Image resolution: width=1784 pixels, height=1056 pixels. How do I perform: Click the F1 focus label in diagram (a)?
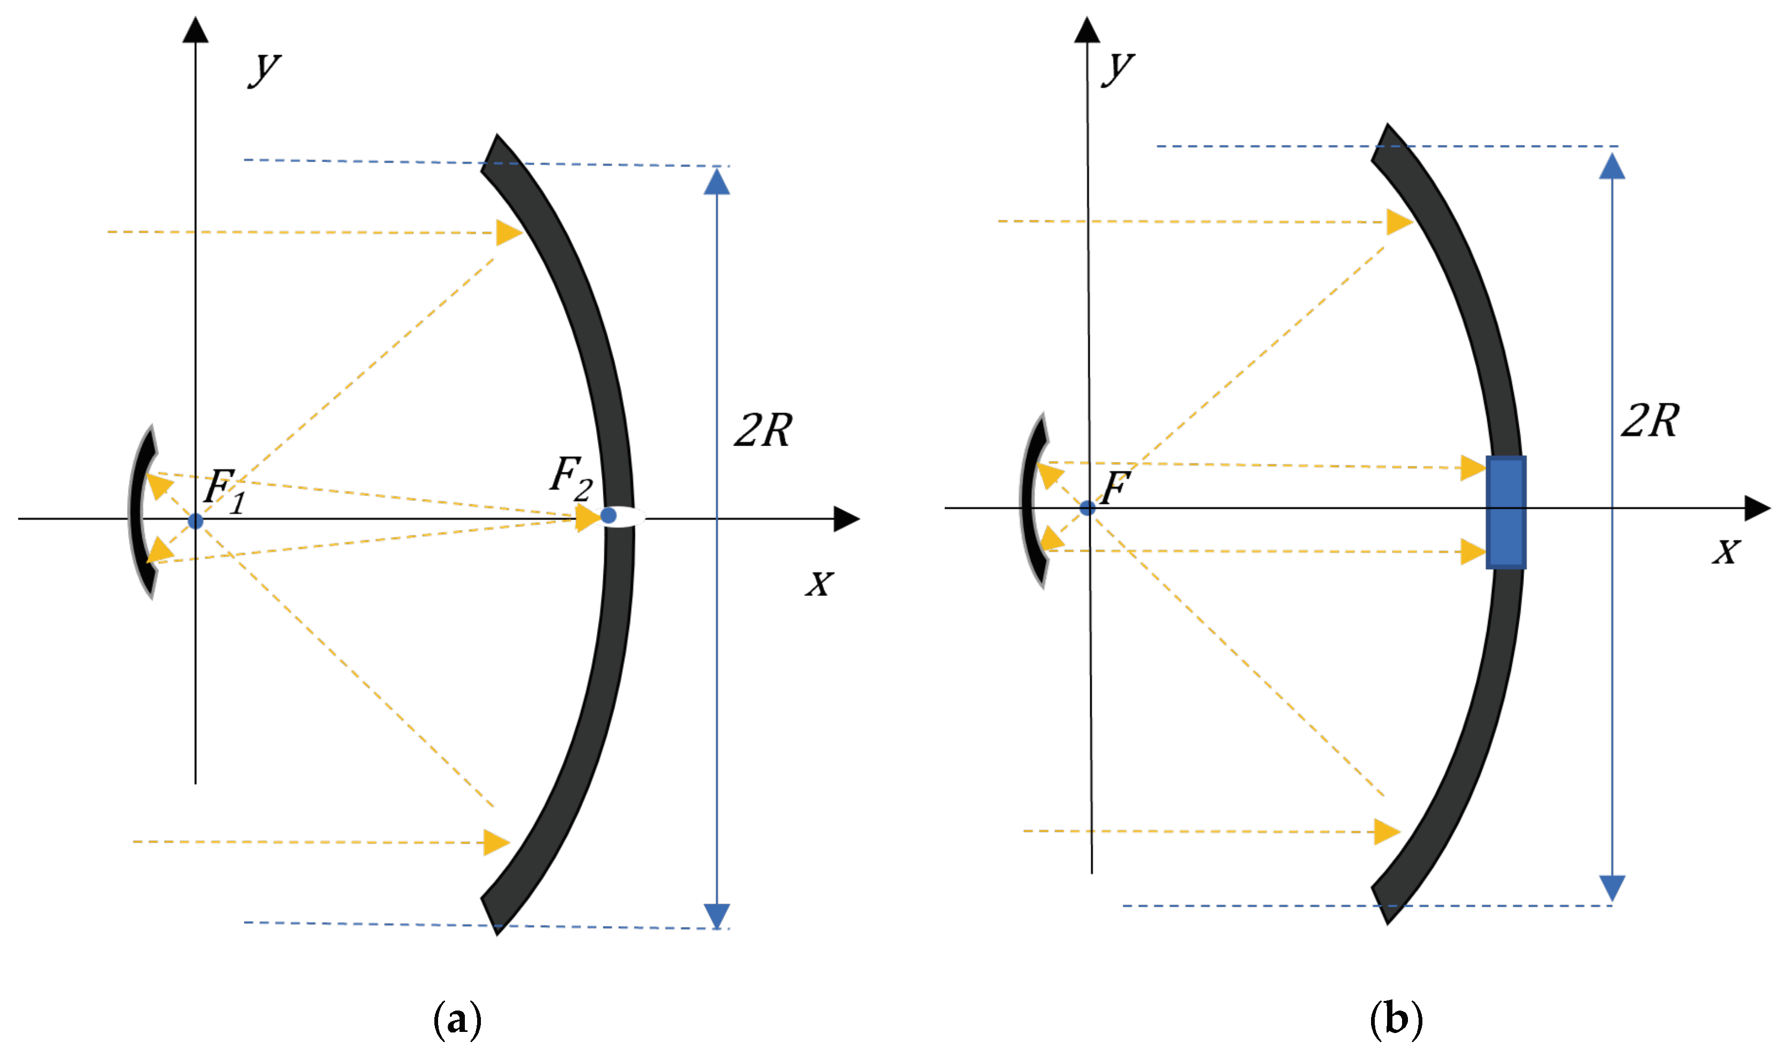(x=224, y=491)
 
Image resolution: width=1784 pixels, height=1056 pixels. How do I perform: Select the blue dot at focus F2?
(x=608, y=515)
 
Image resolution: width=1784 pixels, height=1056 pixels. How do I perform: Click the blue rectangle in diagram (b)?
(x=1506, y=512)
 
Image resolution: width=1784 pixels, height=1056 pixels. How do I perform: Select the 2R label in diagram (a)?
(x=762, y=431)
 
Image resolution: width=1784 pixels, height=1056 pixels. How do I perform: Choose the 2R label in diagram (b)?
(x=1650, y=420)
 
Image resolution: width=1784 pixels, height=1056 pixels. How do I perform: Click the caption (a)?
(x=457, y=1019)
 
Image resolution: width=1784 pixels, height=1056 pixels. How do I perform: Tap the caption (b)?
(x=1396, y=1019)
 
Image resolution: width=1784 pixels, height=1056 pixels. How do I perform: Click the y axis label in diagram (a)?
(x=265, y=69)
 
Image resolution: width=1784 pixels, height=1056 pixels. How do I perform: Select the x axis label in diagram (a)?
(x=820, y=584)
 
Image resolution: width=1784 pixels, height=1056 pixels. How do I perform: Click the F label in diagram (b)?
(x=1115, y=487)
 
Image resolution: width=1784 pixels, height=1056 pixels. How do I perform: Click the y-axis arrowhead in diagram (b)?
(x=1087, y=30)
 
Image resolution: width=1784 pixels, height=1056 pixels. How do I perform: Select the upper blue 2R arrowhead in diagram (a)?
(x=716, y=181)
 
